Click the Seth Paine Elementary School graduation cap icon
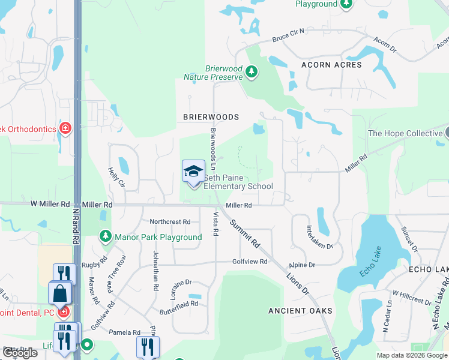pyautogui.click(x=193, y=172)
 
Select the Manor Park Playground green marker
pyautogui.click(x=106, y=237)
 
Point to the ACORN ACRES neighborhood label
pyautogui.click(x=331, y=65)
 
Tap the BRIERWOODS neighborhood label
pyautogui.click(x=208, y=118)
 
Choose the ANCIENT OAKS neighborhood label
pyautogui.click(x=300, y=311)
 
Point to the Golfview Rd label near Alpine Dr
pyautogui.click(x=250, y=262)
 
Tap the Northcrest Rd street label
pyautogui.click(x=170, y=221)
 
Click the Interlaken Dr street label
pyautogui.click(x=310, y=238)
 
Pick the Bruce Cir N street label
pyautogui.click(x=289, y=38)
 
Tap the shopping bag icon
pyautogui.click(x=61, y=293)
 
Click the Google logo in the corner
pyautogui.click(x=19, y=353)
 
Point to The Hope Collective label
pyautogui.click(x=405, y=133)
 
